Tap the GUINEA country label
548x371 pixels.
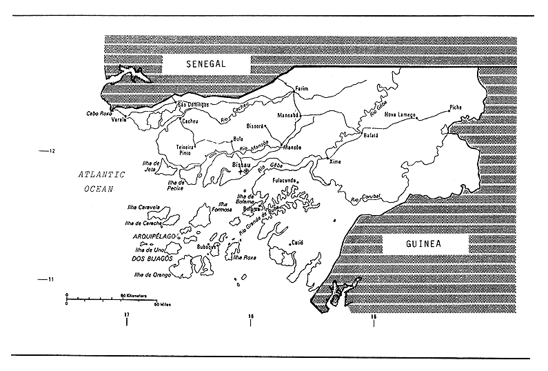[425, 244]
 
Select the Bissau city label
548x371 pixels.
[241, 166]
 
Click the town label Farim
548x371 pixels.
[302, 89]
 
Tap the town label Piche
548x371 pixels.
[456, 108]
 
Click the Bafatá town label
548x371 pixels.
[372, 136]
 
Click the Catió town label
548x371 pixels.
[297, 243]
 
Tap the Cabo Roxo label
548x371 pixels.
[99, 113]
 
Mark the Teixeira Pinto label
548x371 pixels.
[185, 150]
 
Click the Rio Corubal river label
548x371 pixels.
[365, 198]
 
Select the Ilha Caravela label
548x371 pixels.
[143, 206]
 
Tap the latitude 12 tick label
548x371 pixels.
[52, 150]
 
